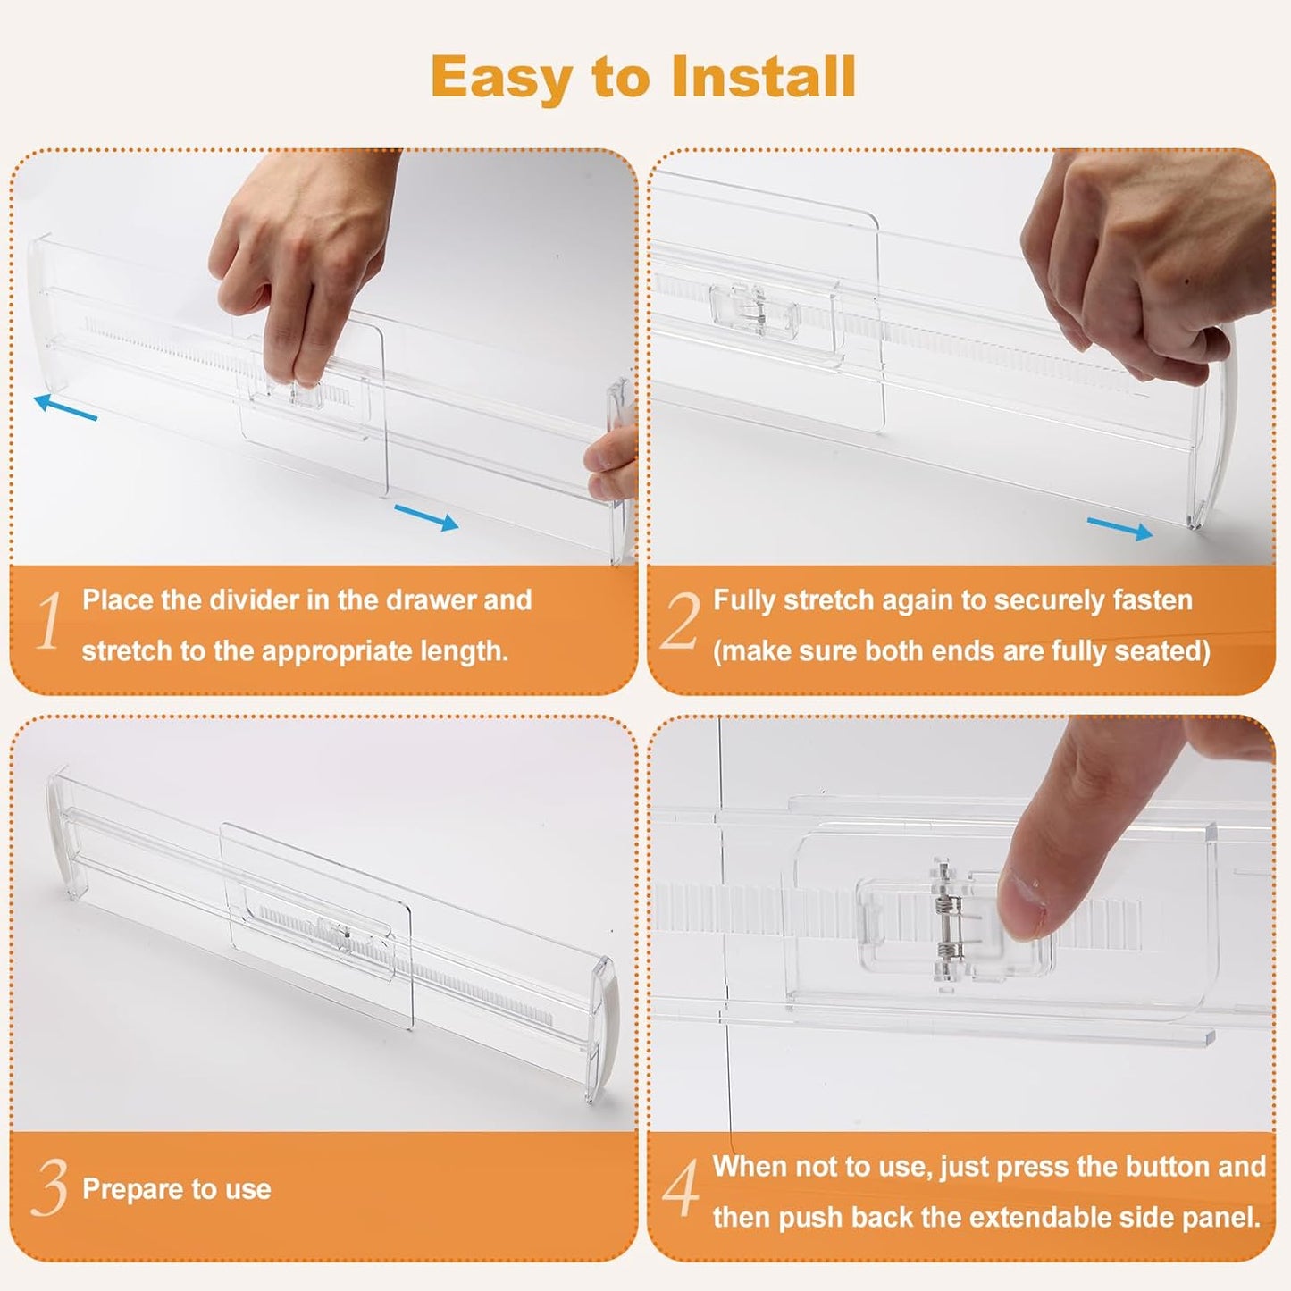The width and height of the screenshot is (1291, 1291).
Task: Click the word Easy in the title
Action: click(500, 79)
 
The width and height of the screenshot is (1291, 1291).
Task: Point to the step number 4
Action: click(682, 1188)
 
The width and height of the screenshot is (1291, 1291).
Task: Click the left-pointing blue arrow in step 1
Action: click(65, 407)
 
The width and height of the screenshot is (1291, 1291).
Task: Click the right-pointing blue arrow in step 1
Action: click(426, 517)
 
